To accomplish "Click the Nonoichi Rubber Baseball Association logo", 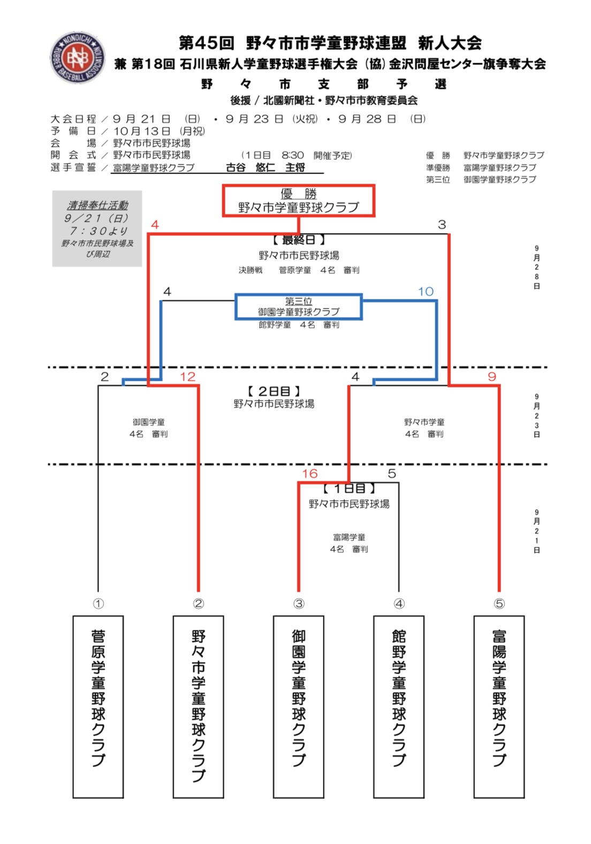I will (77, 57).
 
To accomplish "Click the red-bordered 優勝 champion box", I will (298, 201).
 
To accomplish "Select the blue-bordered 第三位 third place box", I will (298, 307).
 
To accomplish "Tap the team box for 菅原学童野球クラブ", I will (98, 706).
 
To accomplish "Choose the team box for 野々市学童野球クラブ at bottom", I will (198, 706).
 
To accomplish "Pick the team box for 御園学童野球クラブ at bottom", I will (298, 706).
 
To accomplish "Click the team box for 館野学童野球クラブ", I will (398, 706).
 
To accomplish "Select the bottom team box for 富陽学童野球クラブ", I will (499, 706).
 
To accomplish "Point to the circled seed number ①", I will (98, 604).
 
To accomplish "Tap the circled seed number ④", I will (399, 604).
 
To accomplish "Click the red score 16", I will (309, 473).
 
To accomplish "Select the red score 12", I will (187, 376).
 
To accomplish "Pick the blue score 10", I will (426, 291).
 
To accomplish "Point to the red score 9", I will (492, 376).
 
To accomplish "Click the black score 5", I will (392, 473).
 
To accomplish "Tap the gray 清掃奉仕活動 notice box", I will (97, 229).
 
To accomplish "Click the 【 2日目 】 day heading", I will (274, 391).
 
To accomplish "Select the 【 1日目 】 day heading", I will (349, 488).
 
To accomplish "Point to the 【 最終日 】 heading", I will (298, 240).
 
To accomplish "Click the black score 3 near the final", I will (442, 224).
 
